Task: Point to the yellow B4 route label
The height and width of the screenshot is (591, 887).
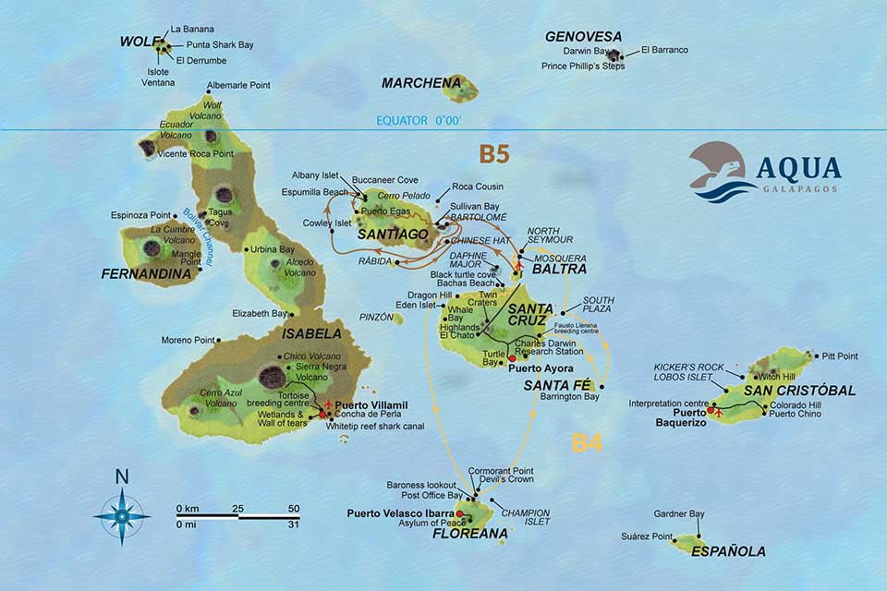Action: (x=587, y=442)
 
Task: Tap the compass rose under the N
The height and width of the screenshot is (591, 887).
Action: (x=122, y=514)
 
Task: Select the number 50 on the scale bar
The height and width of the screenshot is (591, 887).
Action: (x=294, y=509)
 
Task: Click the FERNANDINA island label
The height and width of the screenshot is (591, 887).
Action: (x=140, y=274)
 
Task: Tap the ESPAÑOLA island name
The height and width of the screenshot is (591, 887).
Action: (x=729, y=551)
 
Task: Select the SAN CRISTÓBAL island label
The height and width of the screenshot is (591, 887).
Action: (x=799, y=391)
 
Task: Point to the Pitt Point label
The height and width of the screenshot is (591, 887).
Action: (x=839, y=356)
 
